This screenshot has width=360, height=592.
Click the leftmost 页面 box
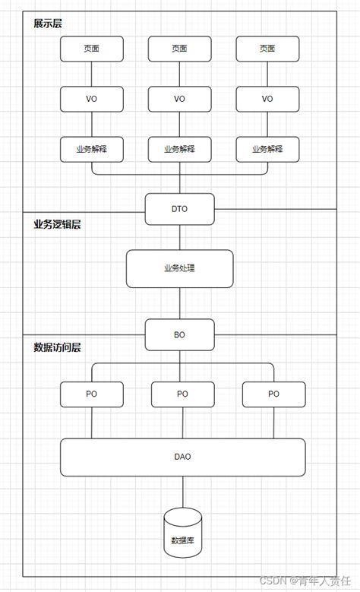tap(91, 49)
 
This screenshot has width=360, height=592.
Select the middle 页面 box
tap(179, 49)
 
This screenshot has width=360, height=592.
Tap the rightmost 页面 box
tap(267, 49)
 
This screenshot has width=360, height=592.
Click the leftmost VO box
tap(91, 99)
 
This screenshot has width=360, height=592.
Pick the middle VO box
tap(179, 99)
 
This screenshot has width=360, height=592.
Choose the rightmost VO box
tap(267, 99)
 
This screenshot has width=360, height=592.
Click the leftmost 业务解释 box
tap(91, 149)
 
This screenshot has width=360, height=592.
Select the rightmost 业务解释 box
tap(267, 149)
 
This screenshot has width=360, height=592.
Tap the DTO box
tap(179, 209)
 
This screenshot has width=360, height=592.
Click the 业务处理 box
tap(179, 268)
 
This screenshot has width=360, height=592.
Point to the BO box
tap(179, 334)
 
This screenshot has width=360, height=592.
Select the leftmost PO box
tap(91, 394)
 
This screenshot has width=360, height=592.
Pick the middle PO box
tap(182, 394)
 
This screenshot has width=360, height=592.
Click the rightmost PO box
tap(273, 394)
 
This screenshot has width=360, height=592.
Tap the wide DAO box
tap(182, 457)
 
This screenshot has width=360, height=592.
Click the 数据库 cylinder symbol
tap(182, 533)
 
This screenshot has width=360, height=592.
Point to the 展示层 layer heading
tap(48, 24)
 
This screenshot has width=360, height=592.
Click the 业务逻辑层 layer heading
tap(57, 225)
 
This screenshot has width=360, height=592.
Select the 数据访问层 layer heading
tap(57, 348)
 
